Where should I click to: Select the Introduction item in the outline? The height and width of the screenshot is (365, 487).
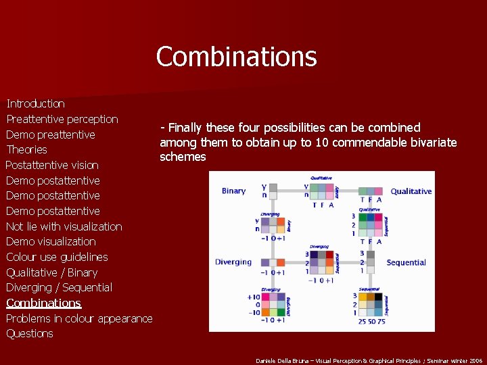pyautogui.click(x=35, y=103)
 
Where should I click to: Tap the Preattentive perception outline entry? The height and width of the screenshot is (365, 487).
pyautogui.click(x=62, y=119)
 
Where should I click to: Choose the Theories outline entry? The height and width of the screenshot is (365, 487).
pyautogui.click(x=26, y=149)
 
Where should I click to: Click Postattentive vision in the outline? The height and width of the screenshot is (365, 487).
pyautogui.click(x=52, y=165)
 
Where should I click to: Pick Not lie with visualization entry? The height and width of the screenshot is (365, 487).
pyautogui.click(x=64, y=226)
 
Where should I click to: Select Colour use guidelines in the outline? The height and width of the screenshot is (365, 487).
pyautogui.click(x=57, y=257)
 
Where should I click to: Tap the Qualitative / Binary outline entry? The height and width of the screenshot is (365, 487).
pyautogui.click(x=51, y=272)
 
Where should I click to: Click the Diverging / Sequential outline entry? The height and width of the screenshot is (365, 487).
pyautogui.click(x=59, y=287)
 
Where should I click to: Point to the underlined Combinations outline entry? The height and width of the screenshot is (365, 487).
pyautogui.click(x=43, y=303)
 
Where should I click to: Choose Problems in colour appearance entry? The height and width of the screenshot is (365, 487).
pyautogui.click(x=79, y=318)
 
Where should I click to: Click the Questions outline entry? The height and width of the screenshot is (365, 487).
pyautogui.click(x=29, y=333)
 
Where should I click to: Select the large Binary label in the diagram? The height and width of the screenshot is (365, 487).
pyautogui.click(x=233, y=191)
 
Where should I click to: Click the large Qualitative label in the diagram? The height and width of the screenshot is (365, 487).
pyautogui.click(x=411, y=191)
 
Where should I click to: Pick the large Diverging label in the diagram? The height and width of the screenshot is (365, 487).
pyautogui.click(x=233, y=262)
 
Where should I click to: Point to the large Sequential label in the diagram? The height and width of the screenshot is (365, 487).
pyautogui.click(x=406, y=262)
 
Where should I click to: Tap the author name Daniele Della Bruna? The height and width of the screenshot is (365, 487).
pyautogui.click(x=284, y=360)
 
